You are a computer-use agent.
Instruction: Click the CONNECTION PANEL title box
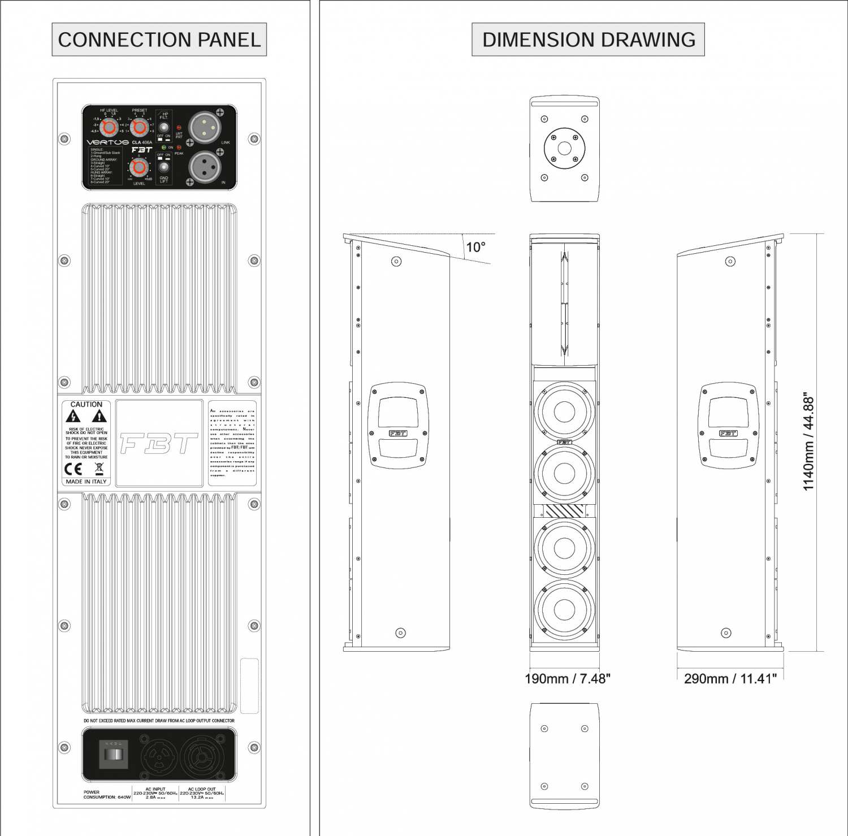tap(159, 40)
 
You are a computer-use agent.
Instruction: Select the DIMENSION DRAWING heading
tap(588, 40)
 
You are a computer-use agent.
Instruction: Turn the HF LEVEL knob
tap(109, 127)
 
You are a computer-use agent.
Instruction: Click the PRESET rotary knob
tap(139, 127)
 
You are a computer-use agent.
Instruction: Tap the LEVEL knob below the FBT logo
tap(139, 168)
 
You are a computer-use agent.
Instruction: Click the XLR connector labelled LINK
tap(204, 128)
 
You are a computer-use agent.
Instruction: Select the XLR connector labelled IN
tap(204, 167)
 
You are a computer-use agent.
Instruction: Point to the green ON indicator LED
tap(164, 148)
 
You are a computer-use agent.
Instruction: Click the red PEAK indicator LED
tap(179, 148)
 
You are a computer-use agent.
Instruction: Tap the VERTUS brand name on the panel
tap(107, 142)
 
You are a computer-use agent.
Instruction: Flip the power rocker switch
tap(114, 755)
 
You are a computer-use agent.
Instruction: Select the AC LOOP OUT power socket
tap(202, 755)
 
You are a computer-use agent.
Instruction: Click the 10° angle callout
tap(475, 247)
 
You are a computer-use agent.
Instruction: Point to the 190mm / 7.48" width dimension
tap(567, 679)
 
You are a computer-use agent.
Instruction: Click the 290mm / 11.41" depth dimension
tap(730, 679)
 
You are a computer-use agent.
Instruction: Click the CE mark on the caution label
tap(73, 469)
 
